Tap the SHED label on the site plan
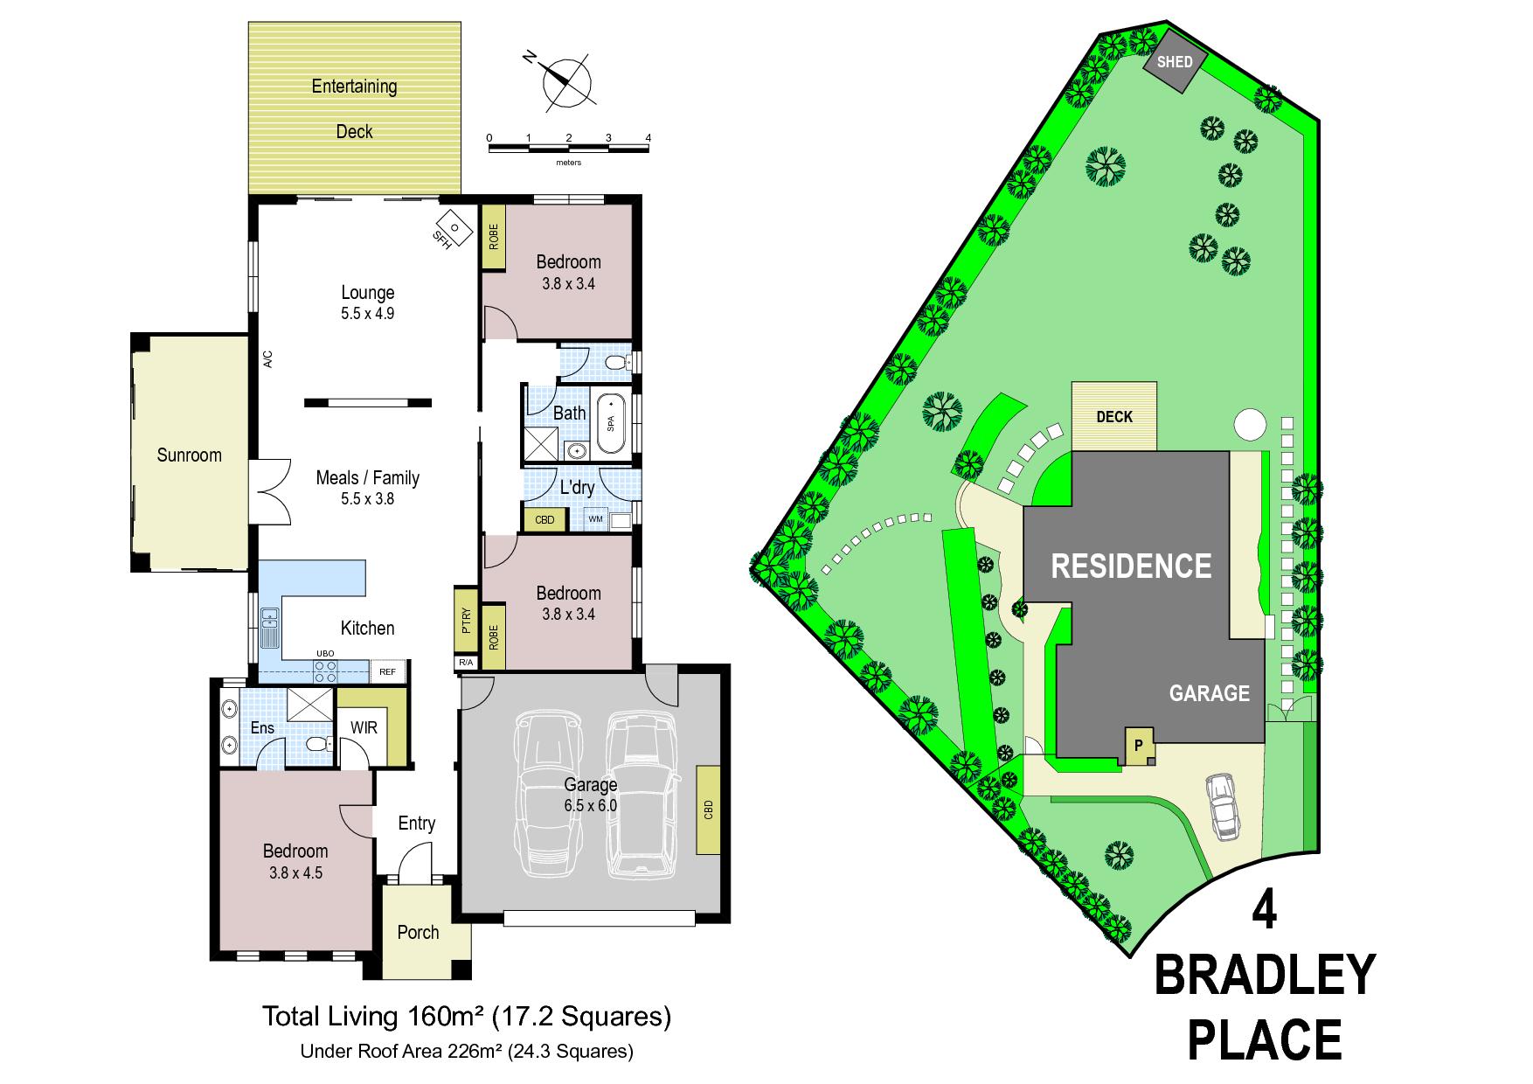pyautogui.click(x=1174, y=62)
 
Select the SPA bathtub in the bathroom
pyautogui.click(x=611, y=424)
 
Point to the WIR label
pyautogui.click(x=364, y=727)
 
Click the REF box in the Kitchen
pyautogui.click(x=387, y=672)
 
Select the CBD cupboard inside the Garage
pyautogui.click(x=708, y=810)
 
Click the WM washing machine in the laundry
pyautogui.click(x=596, y=519)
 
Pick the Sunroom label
pyautogui.click(x=189, y=455)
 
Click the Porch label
pyautogui.click(x=418, y=933)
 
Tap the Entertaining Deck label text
pyautogui.click(x=355, y=108)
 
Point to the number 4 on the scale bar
pyautogui.click(x=648, y=138)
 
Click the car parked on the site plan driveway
pyautogui.click(x=1221, y=807)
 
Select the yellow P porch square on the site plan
pyautogui.click(x=1138, y=747)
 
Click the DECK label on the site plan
pyautogui.click(x=1114, y=417)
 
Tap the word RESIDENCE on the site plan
pyautogui.click(x=1131, y=566)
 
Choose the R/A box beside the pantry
pyautogui.click(x=466, y=663)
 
